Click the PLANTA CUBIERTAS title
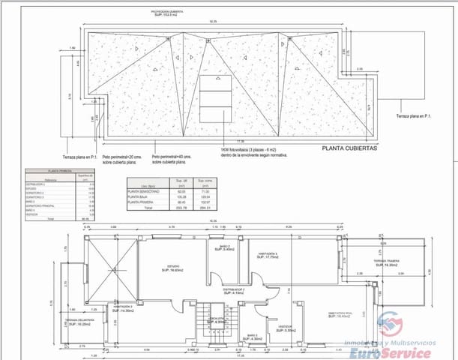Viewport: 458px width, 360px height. [349, 148]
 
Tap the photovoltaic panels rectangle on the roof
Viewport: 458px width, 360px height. [215, 98]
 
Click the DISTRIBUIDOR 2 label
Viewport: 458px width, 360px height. [234, 289]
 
